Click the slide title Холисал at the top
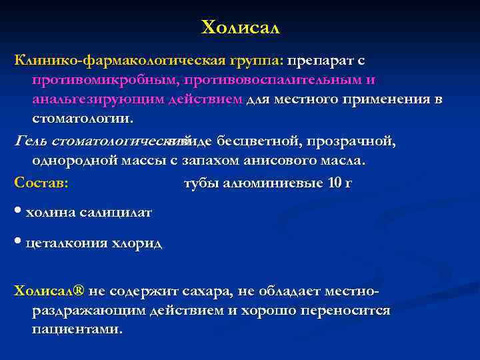pyautogui.click(x=241, y=28)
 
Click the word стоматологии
pyautogui.click(x=82, y=119)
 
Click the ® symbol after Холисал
pyautogui.click(x=79, y=291)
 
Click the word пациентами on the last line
pyautogui.click(x=77, y=330)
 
